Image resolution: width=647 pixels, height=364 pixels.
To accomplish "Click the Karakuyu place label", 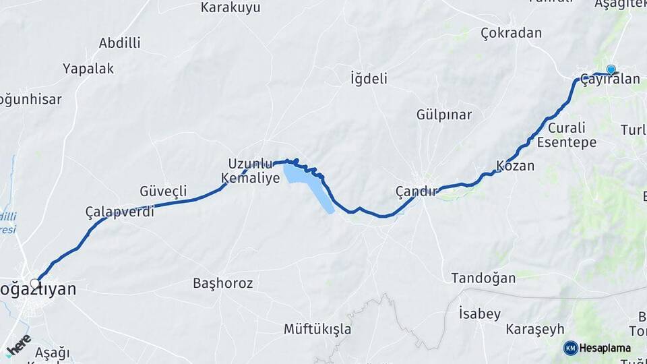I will [x=230, y=8].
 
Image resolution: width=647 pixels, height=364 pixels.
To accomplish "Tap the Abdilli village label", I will [x=119, y=43].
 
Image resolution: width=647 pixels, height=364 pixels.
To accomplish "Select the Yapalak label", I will [x=88, y=69].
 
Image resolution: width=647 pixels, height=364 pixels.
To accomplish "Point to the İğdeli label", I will [x=369, y=79].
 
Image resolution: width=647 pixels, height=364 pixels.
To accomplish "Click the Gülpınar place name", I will [x=444, y=115].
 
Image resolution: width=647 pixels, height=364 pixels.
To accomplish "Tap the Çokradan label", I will [x=512, y=33].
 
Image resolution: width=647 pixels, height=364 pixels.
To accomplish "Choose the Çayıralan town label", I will [x=610, y=80].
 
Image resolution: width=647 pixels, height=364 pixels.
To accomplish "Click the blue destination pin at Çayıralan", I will [x=611, y=69].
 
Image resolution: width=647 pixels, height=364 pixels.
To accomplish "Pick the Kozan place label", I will [x=515, y=166].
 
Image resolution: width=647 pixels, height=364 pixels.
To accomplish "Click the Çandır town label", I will [x=417, y=191].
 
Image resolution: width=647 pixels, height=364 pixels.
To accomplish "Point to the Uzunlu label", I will [x=250, y=164].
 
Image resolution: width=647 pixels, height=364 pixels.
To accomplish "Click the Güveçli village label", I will [x=163, y=191].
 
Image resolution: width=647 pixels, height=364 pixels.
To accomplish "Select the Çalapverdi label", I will [x=120, y=212].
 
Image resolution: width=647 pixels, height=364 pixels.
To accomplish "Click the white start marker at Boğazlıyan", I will [x=35, y=284].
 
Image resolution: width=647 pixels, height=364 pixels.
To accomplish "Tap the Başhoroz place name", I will [x=222, y=284].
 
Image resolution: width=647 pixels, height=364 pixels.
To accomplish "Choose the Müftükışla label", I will [x=317, y=329].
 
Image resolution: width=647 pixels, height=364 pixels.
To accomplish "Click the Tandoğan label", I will [x=483, y=278].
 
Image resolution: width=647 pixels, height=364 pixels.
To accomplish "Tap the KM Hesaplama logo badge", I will [x=597, y=348].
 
